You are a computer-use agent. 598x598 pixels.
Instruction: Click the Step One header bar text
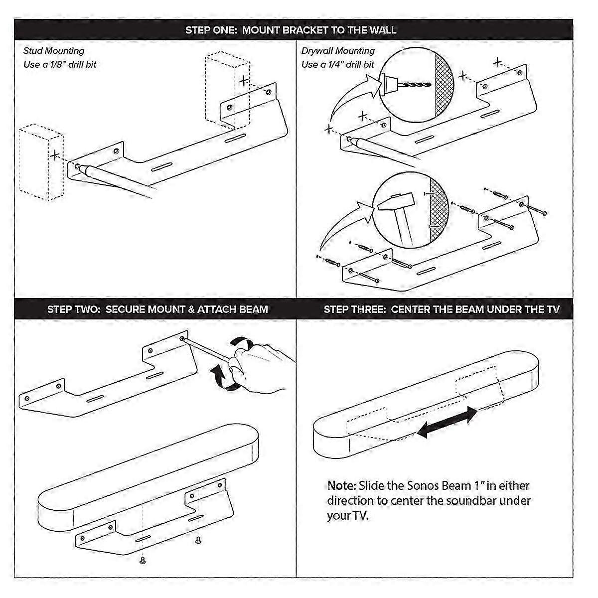291,30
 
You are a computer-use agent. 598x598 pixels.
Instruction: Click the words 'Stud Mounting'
54,51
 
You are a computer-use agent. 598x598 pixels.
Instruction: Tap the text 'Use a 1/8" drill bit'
60,65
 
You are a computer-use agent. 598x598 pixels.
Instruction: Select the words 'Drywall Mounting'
337,51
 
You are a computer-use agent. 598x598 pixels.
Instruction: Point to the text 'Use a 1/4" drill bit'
337,65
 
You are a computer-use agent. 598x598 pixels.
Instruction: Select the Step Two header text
157,309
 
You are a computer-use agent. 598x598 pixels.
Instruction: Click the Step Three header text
441,309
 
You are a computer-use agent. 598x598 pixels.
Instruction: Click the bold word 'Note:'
341,485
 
